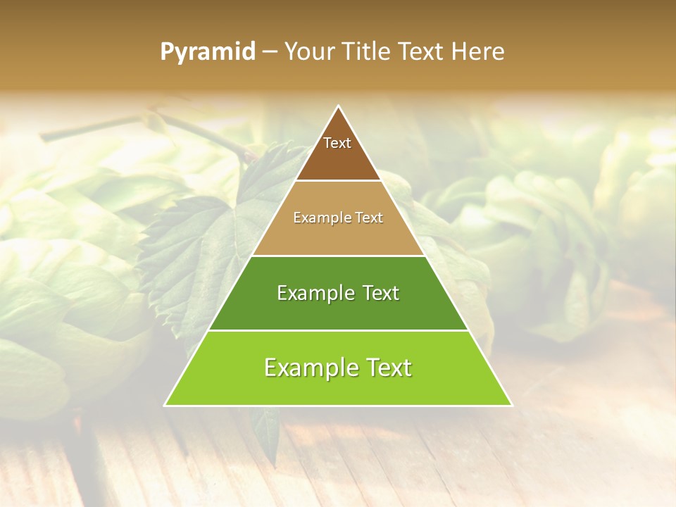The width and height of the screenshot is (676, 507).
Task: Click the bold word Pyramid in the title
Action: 208,51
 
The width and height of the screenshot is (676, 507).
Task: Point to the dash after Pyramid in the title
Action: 270,52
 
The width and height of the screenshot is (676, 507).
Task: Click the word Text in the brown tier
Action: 337,143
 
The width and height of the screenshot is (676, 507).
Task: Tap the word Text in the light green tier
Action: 387,368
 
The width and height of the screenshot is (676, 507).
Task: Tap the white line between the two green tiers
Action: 338,330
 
